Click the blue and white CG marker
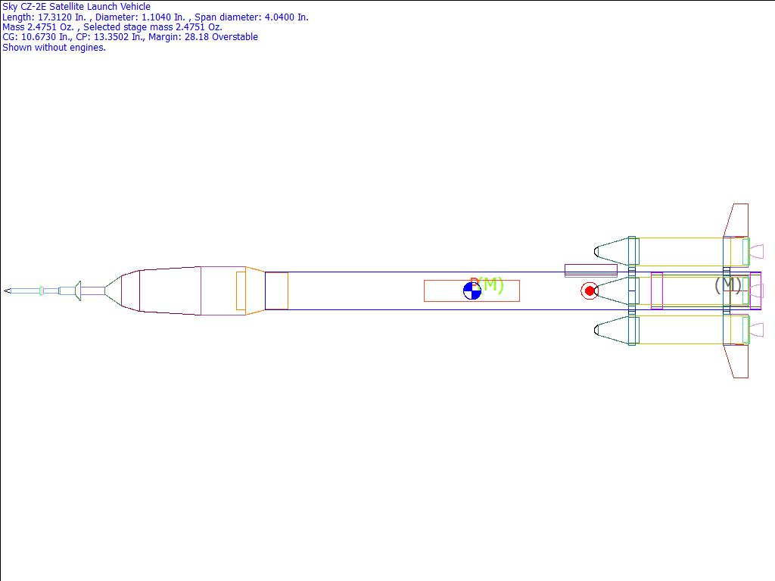click(472, 291)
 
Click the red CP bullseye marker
click(589, 291)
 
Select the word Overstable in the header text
click(235, 37)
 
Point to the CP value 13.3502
click(111, 37)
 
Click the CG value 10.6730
click(39, 37)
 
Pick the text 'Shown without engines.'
click(54, 48)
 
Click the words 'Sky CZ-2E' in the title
click(24, 7)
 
